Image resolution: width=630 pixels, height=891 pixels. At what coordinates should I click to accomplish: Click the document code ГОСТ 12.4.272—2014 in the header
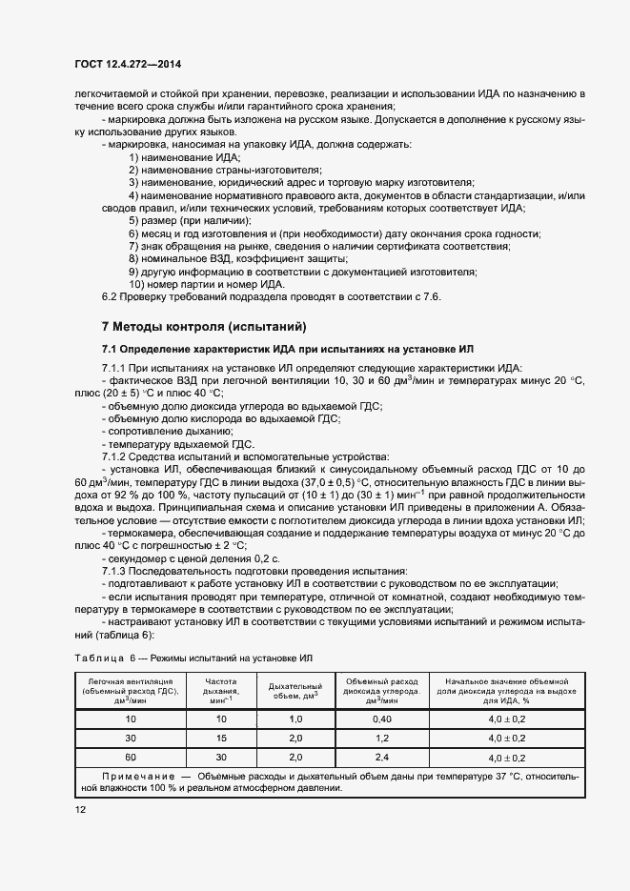127,64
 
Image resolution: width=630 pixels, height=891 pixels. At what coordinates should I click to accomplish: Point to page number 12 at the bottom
80,809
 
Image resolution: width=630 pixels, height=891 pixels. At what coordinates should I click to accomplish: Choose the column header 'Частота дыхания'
222,689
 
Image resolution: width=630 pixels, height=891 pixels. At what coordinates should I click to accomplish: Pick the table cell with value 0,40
382,718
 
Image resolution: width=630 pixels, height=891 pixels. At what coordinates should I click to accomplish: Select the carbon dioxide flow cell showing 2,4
382,758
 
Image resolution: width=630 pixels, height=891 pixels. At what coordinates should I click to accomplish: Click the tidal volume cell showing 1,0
295,718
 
